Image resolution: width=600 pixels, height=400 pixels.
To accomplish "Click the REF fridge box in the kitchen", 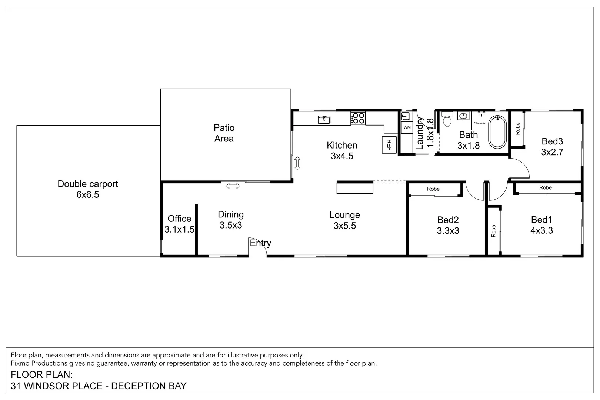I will pyautogui.click(x=389, y=145).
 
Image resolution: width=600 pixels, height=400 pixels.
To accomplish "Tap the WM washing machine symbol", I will pyautogui.click(x=407, y=127).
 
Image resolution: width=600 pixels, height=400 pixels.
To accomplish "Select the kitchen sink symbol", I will pyautogui.click(x=324, y=120).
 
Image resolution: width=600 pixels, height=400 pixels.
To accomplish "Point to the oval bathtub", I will pyautogui.click(x=497, y=132).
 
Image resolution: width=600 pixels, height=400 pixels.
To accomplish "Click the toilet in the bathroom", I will pyautogui.click(x=447, y=120).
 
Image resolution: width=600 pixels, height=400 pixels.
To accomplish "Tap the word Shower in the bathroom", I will pyautogui.click(x=480, y=123).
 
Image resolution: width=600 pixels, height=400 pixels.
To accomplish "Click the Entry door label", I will pyautogui.click(x=260, y=243).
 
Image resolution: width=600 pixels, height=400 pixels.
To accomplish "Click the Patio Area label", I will pyautogui.click(x=224, y=133).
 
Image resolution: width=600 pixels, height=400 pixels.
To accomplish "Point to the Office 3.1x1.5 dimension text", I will pyautogui.click(x=179, y=229).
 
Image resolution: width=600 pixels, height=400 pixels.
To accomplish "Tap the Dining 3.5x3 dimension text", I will pyautogui.click(x=231, y=225).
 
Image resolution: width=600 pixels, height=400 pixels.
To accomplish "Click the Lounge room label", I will pyautogui.click(x=344, y=215).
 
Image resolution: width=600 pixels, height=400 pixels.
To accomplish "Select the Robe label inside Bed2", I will pyautogui.click(x=433, y=189).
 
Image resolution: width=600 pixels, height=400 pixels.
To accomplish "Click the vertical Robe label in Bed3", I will pyautogui.click(x=518, y=129).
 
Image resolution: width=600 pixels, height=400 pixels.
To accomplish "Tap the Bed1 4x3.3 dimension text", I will pyautogui.click(x=541, y=230).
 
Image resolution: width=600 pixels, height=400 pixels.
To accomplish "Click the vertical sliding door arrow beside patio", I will pyautogui.click(x=297, y=163).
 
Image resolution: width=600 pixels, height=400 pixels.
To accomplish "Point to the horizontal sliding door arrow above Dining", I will pyautogui.click(x=233, y=186).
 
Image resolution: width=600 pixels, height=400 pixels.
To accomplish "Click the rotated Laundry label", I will pyautogui.click(x=420, y=133).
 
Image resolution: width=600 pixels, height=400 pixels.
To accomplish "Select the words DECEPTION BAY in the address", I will pyautogui.click(x=149, y=386).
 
